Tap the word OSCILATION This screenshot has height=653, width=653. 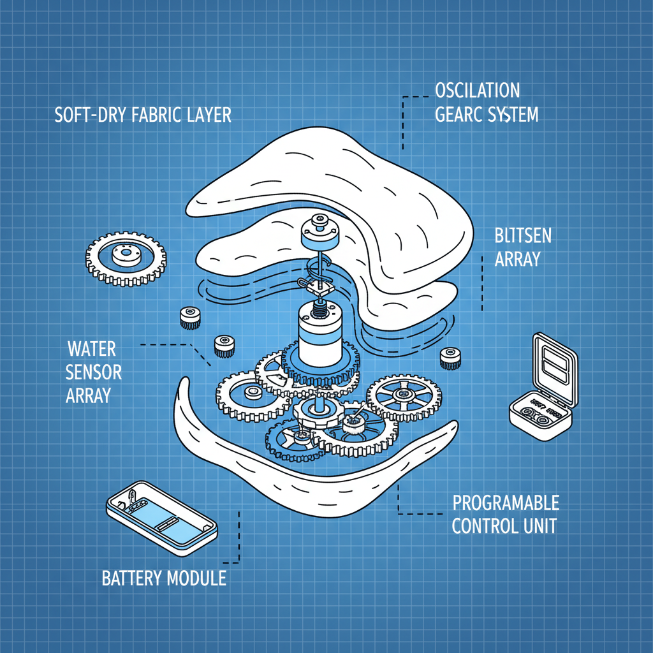click(x=477, y=89)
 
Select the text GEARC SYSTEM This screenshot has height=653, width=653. click(x=487, y=115)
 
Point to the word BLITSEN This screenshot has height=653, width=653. click(x=523, y=237)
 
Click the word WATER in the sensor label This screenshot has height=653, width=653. click(x=92, y=349)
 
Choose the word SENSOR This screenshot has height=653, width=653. click(x=94, y=372)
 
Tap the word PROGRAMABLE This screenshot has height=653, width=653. click(x=506, y=503)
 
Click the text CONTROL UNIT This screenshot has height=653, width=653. click(x=504, y=527)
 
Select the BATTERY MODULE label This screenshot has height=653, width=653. click(x=164, y=578)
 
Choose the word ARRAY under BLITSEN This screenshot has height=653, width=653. click(x=518, y=260)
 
